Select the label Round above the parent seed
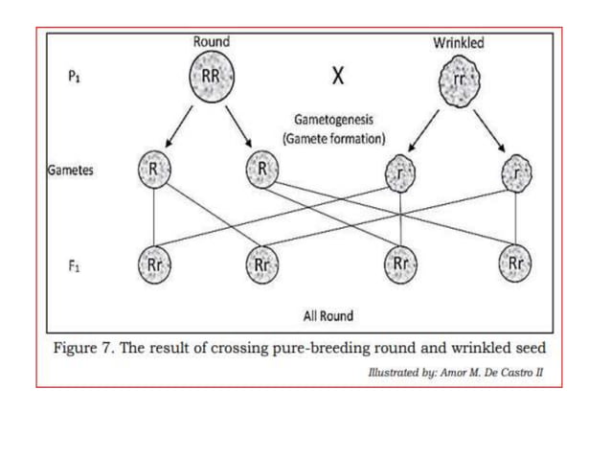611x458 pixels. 211,42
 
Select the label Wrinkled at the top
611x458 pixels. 459,42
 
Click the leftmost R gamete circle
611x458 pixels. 153,170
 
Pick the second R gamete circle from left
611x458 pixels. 261,170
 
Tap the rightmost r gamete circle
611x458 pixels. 516,172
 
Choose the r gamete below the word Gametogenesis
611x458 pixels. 399,174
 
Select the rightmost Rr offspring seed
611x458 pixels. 516,263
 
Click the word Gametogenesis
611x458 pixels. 334,122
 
